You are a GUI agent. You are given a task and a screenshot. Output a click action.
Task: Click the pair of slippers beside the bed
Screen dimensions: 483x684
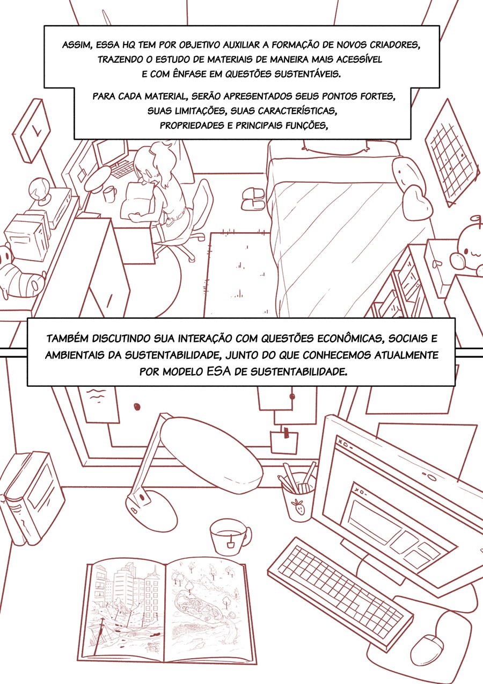click(253, 198)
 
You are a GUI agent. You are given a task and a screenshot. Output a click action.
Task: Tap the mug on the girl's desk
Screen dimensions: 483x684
click(109, 193)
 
